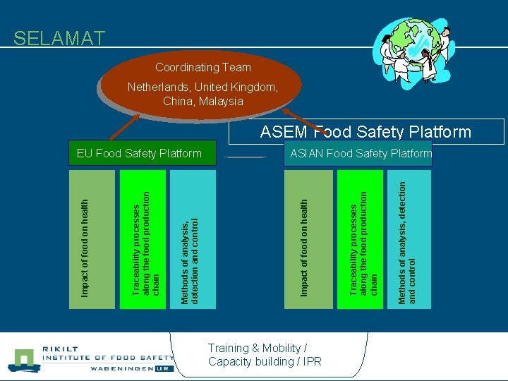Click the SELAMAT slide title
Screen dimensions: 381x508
click(59, 38)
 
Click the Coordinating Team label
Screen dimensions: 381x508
click(203, 68)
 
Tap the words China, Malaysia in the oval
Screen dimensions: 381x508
click(203, 101)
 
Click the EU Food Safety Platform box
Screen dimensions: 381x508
click(139, 153)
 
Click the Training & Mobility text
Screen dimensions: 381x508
click(258, 348)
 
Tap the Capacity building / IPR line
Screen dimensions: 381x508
click(265, 361)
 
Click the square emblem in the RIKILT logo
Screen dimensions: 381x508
click(25, 359)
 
